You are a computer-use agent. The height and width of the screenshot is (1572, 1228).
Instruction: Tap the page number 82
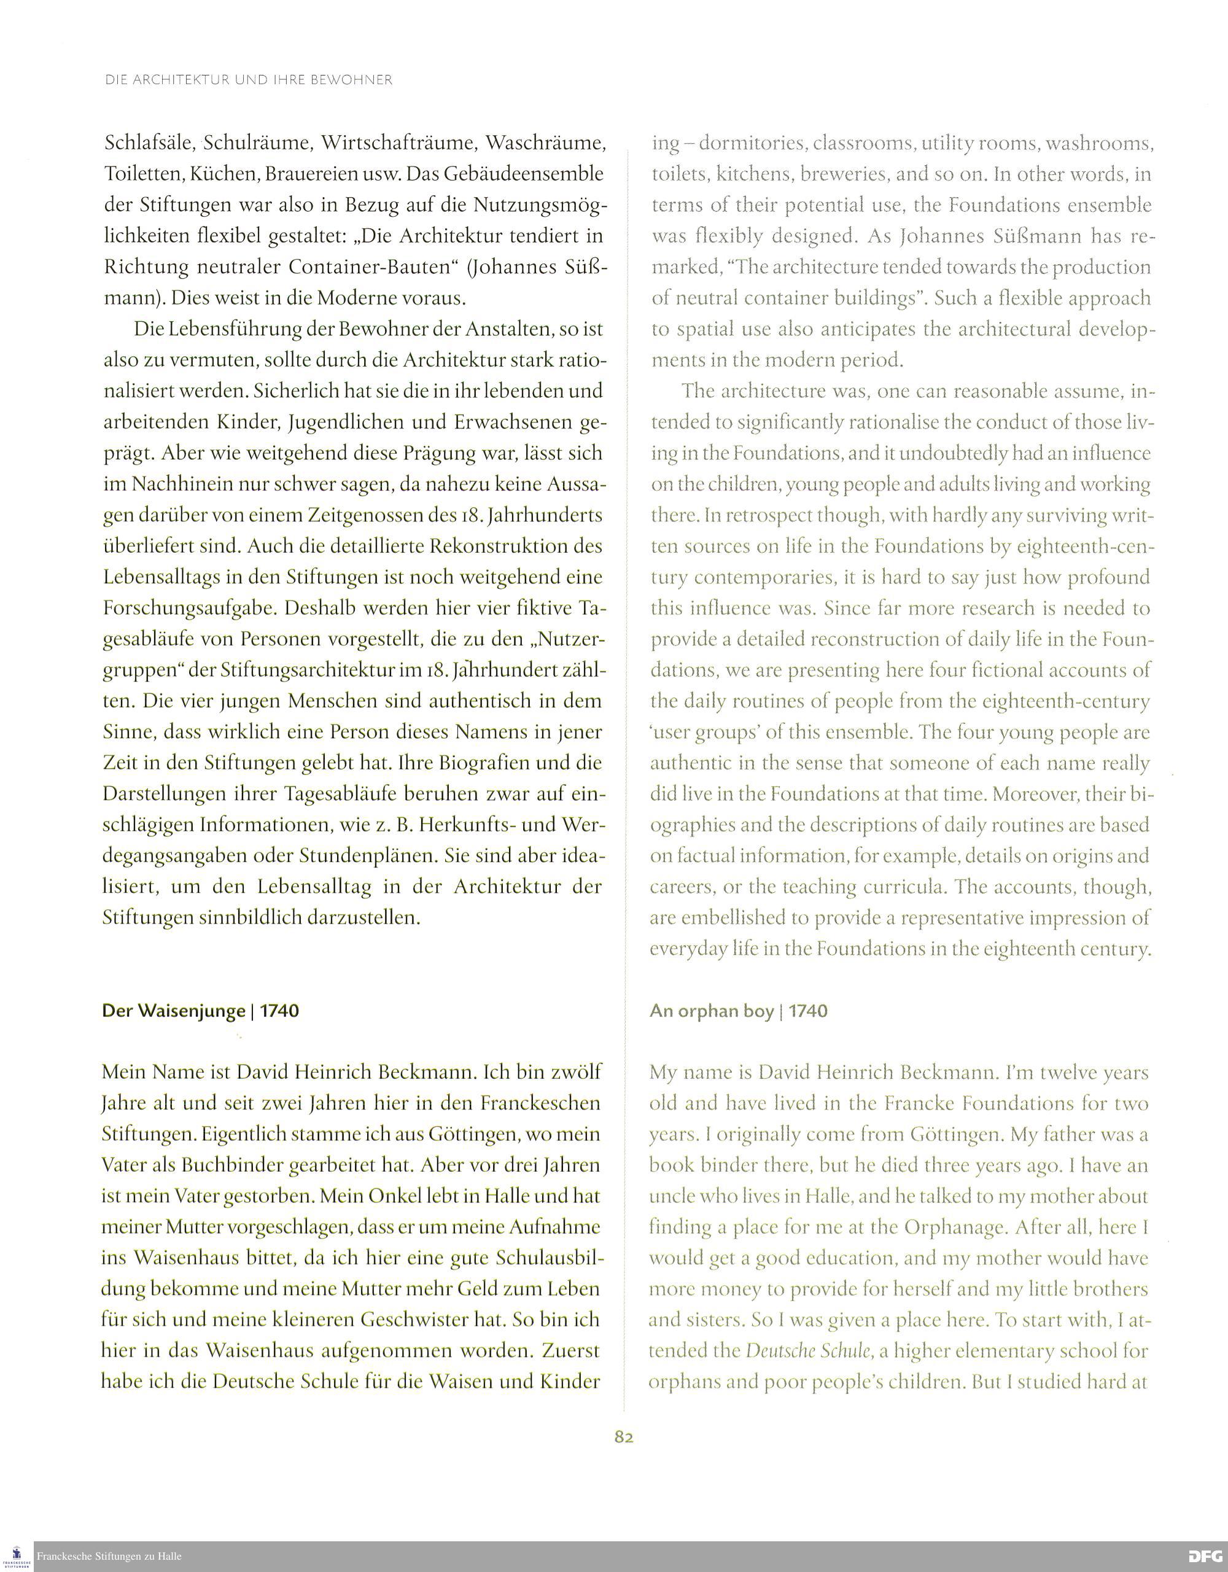tap(623, 1437)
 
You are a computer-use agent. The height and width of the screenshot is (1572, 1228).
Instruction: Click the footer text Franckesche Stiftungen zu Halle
tap(109, 1557)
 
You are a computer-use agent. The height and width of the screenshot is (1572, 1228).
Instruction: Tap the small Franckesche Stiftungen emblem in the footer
tap(17, 1556)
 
